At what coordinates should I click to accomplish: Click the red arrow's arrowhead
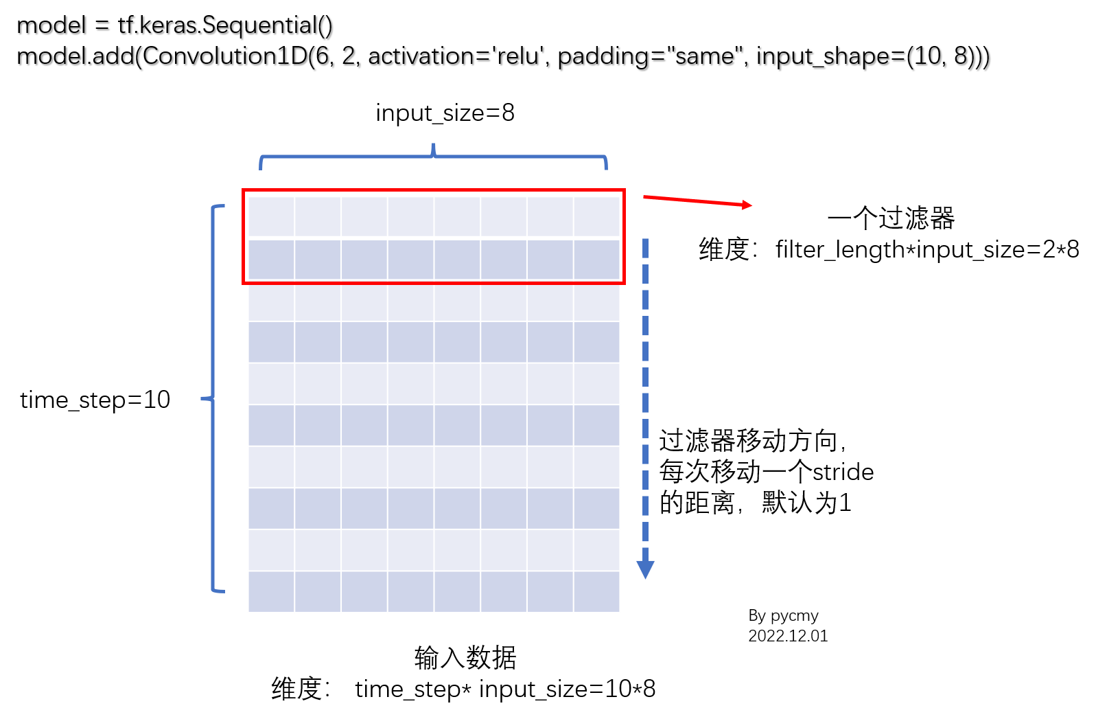tap(748, 205)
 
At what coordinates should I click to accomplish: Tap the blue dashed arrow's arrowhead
tap(645, 569)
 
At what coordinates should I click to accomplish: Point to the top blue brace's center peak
tap(433, 146)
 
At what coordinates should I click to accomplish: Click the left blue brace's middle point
tap(204, 398)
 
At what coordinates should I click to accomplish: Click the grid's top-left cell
tap(271, 217)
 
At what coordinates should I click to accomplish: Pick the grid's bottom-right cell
tap(596, 591)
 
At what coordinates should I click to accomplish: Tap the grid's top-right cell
tap(596, 217)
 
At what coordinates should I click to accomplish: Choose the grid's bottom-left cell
tap(271, 591)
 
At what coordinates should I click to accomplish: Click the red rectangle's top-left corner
tap(244, 190)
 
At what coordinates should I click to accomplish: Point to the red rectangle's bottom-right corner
tap(623, 282)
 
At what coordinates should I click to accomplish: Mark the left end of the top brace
tap(261, 168)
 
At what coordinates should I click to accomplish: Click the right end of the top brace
tap(606, 168)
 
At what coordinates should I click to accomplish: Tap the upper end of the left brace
tap(222, 205)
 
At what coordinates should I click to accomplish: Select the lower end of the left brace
tap(222, 591)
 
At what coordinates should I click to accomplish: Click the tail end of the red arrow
tap(644, 197)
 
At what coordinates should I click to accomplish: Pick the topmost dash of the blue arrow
tap(645, 248)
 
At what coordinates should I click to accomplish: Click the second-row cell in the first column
tap(271, 260)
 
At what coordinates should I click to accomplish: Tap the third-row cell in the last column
tap(596, 301)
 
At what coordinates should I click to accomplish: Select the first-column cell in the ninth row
tap(271, 549)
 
